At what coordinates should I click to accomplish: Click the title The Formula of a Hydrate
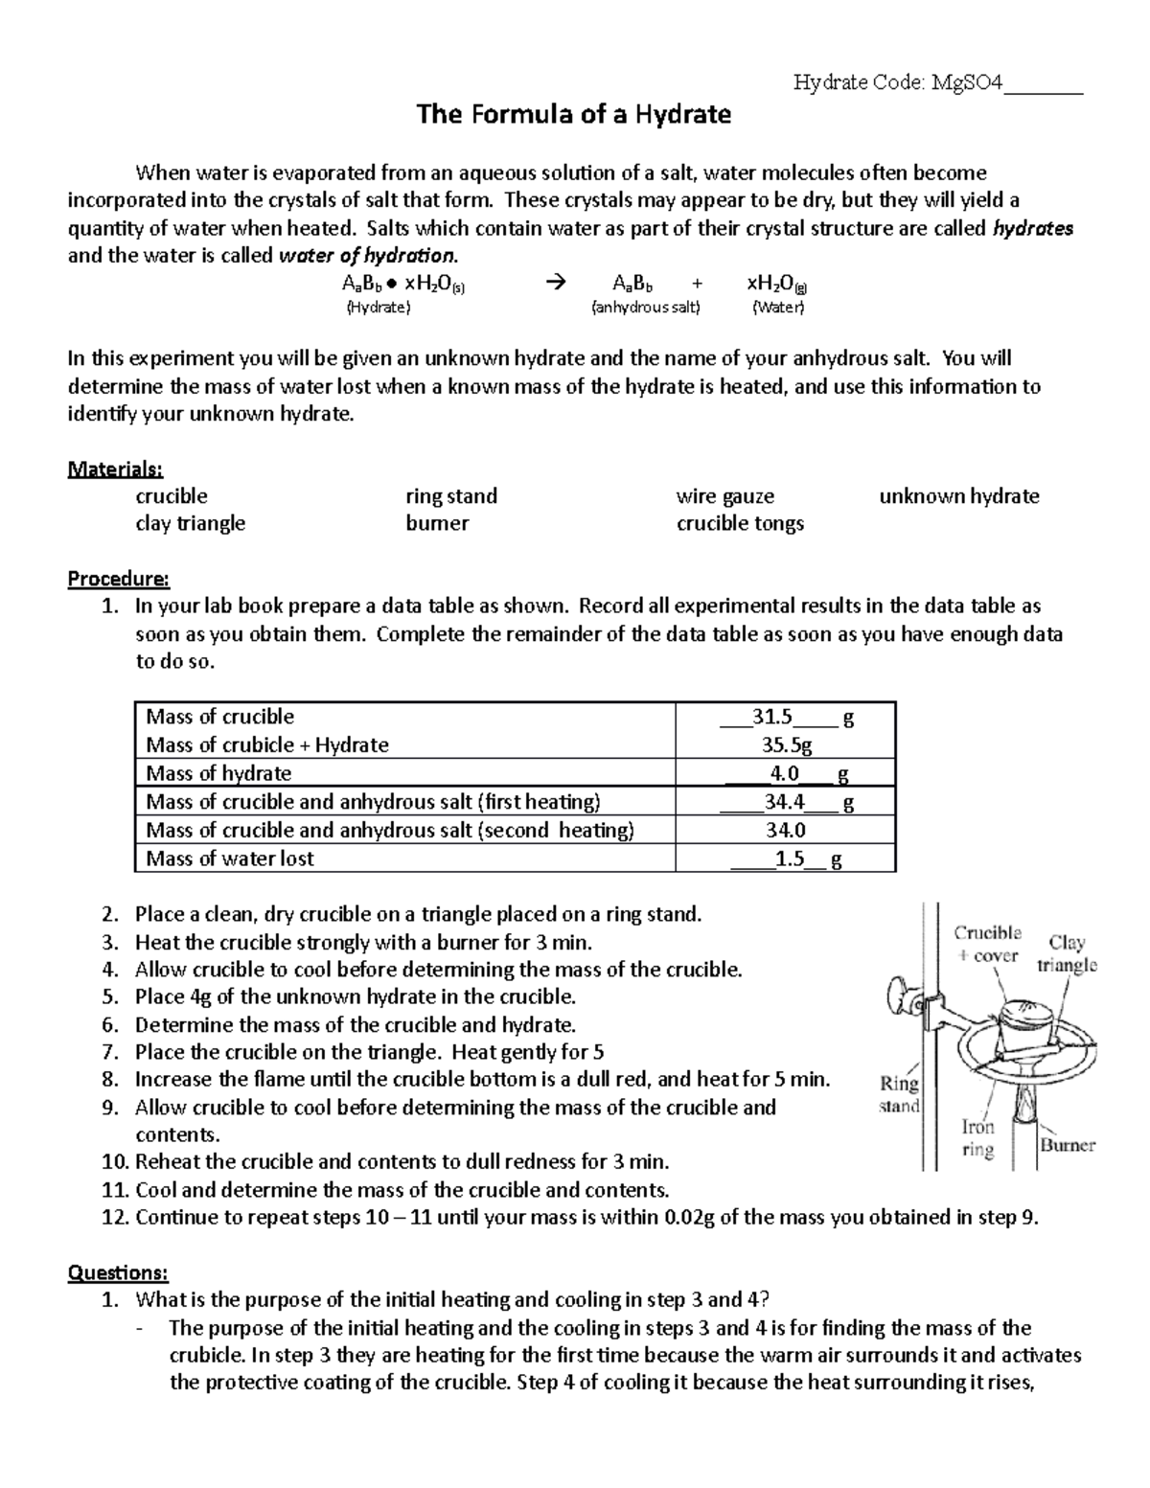[x=573, y=115]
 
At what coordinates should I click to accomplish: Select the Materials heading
[x=115, y=469]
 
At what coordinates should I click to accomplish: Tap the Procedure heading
[x=118, y=579]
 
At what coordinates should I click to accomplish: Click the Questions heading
[x=118, y=1272]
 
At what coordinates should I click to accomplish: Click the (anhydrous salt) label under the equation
[x=646, y=308]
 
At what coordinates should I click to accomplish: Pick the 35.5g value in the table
[x=786, y=744]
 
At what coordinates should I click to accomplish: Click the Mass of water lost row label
[x=230, y=858]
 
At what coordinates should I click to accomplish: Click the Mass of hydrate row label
[x=218, y=773]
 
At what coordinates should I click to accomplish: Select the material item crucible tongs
[x=740, y=523]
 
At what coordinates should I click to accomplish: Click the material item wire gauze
[x=724, y=496]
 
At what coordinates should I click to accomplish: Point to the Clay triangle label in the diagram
[x=1067, y=953]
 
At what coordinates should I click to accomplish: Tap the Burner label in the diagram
[x=1068, y=1145]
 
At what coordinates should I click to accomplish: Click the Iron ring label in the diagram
[x=978, y=1138]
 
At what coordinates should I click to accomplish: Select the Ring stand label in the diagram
[x=900, y=1094]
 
